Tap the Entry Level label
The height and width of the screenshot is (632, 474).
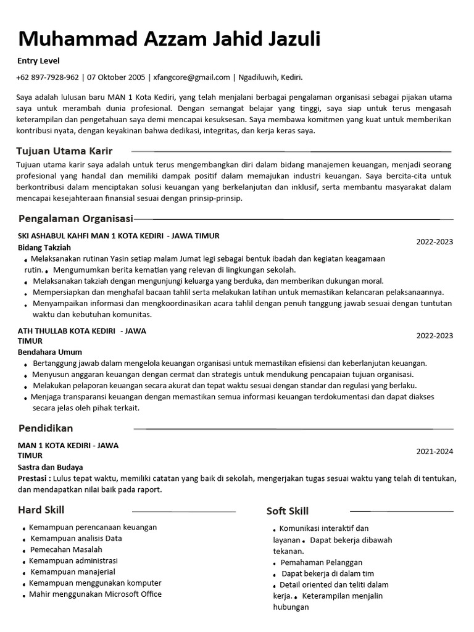pyautogui.click(x=38, y=61)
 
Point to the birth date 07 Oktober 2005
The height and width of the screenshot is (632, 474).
pyautogui.click(x=116, y=78)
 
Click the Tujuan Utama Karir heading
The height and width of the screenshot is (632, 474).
pyautogui.click(x=64, y=151)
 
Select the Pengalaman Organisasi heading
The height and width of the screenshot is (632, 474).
pyautogui.click(x=76, y=218)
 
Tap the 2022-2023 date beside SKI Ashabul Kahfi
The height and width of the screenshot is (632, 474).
pyautogui.click(x=434, y=242)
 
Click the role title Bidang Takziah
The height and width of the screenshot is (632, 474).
pyautogui.click(x=44, y=247)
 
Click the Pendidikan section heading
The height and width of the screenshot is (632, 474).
pyautogui.click(x=46, y=428)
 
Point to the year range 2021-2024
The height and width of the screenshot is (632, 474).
pyautogui.click(x=434, y=452)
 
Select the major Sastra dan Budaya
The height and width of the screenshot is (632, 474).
pyautogui.click(x=50, y=467)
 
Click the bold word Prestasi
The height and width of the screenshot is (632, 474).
pyautogui.click(x=34, y=478)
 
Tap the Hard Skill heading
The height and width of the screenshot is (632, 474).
pyautogui.click(x=41, y=510)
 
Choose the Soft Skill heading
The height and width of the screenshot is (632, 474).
pyautogui.click(x=288, y=511)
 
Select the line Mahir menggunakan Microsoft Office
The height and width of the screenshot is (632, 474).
pyautogui.click(x=95, y=594)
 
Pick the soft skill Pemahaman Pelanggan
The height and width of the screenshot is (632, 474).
pyautogui.click(x=321, y=562)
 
